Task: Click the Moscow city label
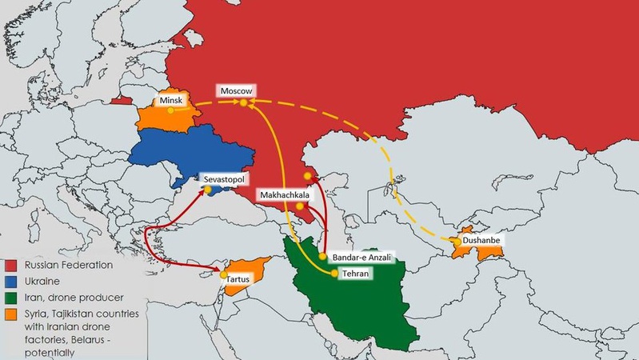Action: (236, 91)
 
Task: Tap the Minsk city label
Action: (172, 100)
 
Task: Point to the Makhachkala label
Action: (284, 194)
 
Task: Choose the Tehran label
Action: (357, 273)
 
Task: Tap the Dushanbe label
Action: (483, 239)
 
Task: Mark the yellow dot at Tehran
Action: (334, 273)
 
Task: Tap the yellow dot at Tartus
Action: (224, 275)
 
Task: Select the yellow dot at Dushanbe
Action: (456, 240)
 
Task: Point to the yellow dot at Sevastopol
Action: (207, 190)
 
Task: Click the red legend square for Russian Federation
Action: (11, 265)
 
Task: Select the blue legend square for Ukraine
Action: (11, 281)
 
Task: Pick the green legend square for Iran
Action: (11, 298)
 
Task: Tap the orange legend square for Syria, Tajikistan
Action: (11, 314)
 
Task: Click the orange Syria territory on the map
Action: (240, 271)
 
